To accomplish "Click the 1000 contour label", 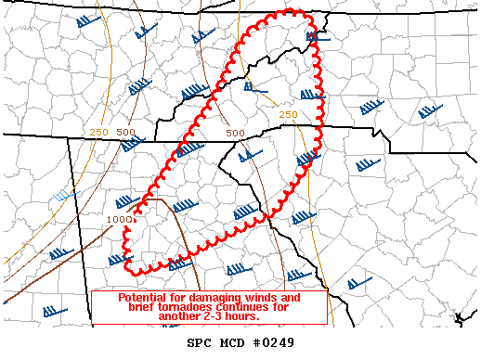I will pos(118,219).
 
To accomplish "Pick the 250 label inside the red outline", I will pos(288,114).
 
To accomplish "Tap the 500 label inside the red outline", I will pos(236,133).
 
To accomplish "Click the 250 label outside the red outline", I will pos(99,133).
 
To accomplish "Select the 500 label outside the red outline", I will pos(125,133).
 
